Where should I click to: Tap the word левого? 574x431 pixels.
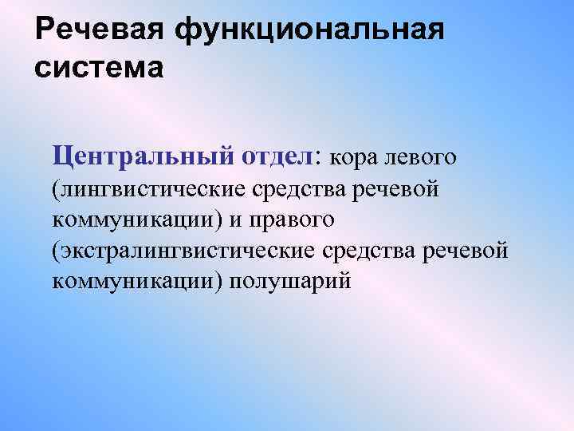click(x=420, y=156)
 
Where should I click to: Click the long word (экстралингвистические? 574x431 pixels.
click(x=183, y=251)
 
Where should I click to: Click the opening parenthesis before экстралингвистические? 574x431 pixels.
click(x=56, y=251)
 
